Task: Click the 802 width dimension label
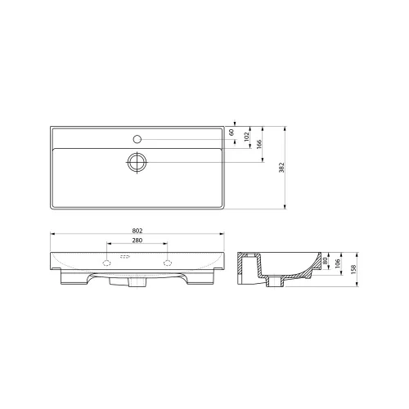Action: click(x=137, y=231)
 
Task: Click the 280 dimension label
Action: click(x=137, y=240)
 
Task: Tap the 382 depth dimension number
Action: click(x=282, y=168)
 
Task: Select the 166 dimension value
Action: click(x=259, y=144)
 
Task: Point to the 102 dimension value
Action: click(x=247, y=137)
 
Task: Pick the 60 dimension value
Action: click(x=231, y=133)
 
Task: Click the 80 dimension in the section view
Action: click(x=325, y=261)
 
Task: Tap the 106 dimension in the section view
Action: click(x=338, y=263)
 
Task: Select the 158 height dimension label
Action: click(x=353, y=269)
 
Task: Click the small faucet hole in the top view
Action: click(x=137, y=139)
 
